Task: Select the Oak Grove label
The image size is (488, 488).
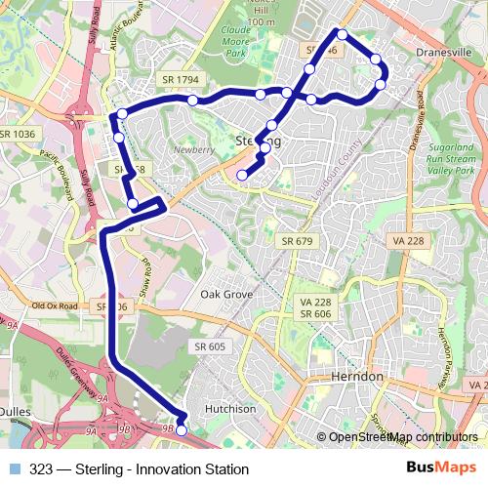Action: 226,294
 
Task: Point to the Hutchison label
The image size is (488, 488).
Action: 230,410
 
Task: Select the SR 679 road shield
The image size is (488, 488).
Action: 297,241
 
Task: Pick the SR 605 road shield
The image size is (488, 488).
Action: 209,346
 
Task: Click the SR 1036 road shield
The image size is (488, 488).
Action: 18,134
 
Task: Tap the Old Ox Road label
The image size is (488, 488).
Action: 54,305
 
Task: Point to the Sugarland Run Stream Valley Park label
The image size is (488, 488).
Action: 450,162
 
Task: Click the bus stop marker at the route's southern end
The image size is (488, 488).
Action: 181,429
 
